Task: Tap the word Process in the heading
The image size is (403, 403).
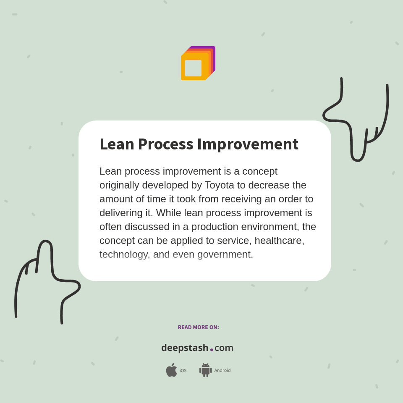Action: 165,144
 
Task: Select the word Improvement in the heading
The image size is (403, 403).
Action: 248,144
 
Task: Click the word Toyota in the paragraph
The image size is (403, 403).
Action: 220,185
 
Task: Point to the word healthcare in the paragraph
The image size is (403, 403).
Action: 279,241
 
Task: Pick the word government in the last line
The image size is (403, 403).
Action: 225,254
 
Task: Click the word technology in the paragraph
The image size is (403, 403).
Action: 124,254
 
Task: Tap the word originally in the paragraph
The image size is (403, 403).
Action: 119,185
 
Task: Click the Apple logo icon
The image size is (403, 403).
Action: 171,370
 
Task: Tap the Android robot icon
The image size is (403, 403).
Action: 205,370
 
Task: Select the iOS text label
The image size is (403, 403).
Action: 183,371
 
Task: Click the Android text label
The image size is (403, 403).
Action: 222,371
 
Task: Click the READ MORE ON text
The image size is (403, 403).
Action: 198,327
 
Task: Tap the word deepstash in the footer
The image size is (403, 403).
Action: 185,348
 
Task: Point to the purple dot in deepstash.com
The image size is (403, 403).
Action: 212,350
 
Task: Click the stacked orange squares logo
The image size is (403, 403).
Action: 198,63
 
